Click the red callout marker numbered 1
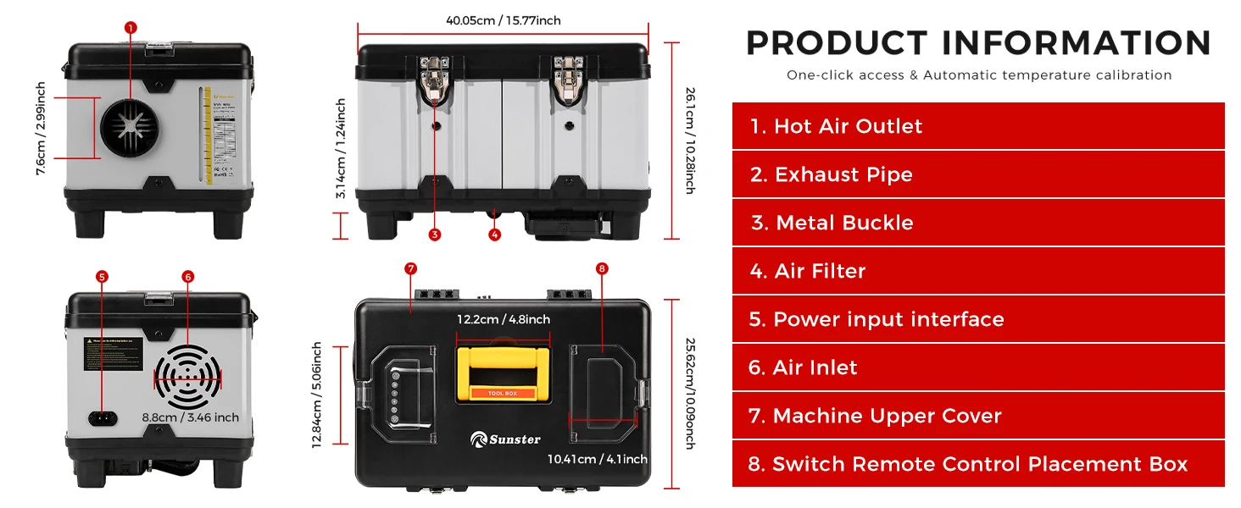130,27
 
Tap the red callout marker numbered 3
435,235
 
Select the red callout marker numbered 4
495,235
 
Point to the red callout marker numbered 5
103,276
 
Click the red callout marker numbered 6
188,276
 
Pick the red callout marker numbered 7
410,268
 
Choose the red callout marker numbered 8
602,268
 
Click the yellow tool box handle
504,373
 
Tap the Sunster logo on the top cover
506,439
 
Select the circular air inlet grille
187,378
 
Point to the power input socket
103,417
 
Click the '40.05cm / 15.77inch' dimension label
503,20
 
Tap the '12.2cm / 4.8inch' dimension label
504,319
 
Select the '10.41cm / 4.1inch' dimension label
598,459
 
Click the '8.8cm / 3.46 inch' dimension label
191,417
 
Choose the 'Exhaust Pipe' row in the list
978,174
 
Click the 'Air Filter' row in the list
978,271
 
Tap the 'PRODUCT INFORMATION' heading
978,43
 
